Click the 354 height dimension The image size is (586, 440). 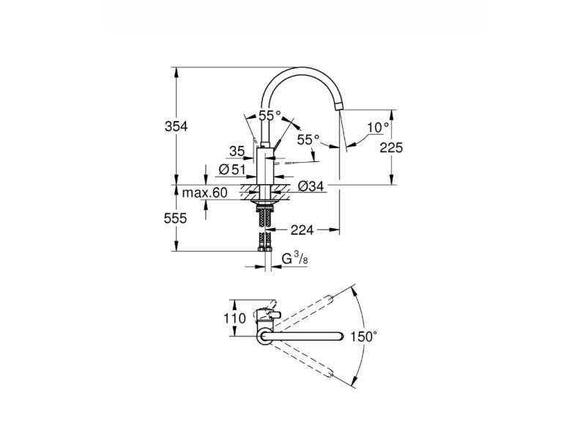pyautogui.click(x=176, y=127)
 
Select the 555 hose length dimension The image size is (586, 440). pyautogui.click(x=175, y=218)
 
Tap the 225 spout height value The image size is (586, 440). pyautogui.click(x=391, y=148)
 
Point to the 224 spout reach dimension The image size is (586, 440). pyautogui.click(x=302, y=230)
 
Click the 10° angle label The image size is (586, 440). pyautogui.click(x=377, y=128)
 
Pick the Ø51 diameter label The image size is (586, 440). pyautogui.click(x=232, y=170)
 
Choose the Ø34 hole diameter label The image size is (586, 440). pyautogui.click(x=311, y=186)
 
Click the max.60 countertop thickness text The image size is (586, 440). pyautogui.click(x=204, y=193)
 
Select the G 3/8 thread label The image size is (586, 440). pyautogui.click(x=294, y=258)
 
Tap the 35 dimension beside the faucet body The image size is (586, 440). pyautogui.click(x=237, y=152)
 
